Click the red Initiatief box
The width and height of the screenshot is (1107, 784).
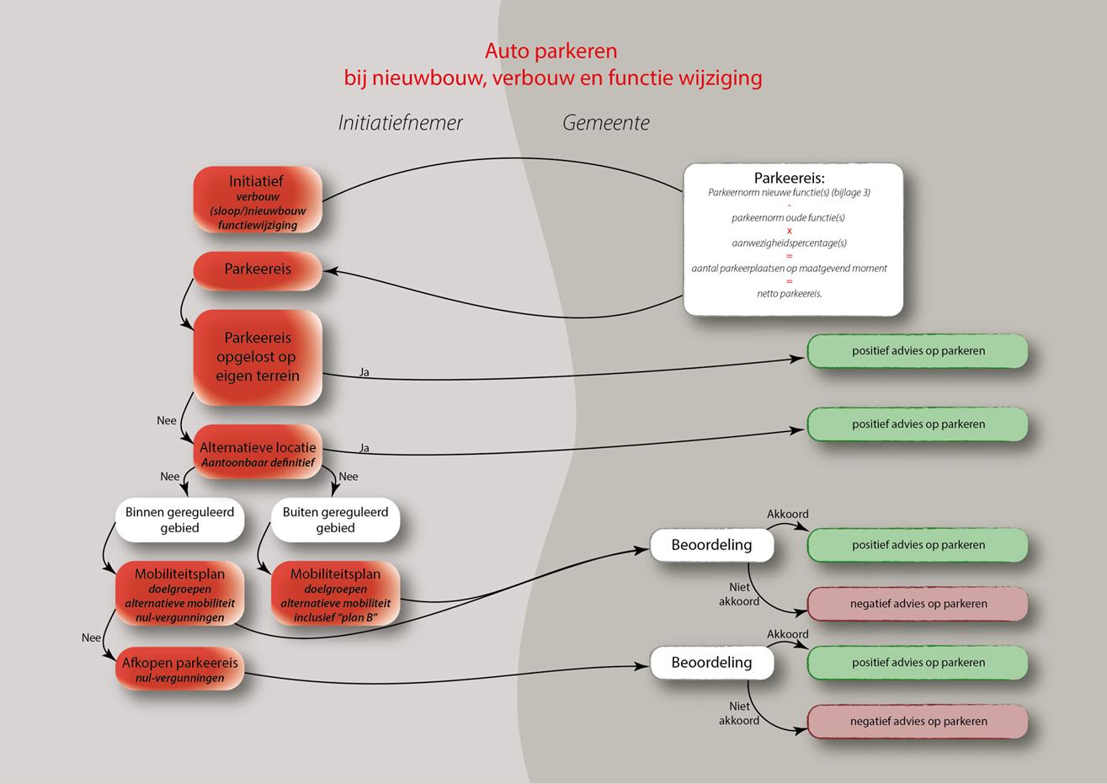point(258,200)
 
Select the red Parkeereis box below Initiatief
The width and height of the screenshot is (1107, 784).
point(258,270)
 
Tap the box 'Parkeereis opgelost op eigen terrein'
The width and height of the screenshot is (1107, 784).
point(258,357)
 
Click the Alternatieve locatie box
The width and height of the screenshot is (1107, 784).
point(258,455)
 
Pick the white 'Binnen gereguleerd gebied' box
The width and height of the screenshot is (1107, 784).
point(179,520)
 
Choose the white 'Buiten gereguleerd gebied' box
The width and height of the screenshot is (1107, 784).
point(335,520)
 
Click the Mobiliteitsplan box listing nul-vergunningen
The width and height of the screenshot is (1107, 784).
point(179,595)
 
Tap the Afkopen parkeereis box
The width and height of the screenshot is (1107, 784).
point(179,669)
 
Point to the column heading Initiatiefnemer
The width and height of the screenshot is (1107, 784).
point(401,123)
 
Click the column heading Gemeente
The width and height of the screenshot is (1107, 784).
point(606,123)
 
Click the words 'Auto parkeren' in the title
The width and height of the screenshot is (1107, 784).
point(551,51)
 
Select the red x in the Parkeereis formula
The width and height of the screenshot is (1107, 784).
point(789,230)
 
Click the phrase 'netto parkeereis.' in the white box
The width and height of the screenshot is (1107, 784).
point(789,294)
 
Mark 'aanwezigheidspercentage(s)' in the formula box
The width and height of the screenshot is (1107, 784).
point(789,243)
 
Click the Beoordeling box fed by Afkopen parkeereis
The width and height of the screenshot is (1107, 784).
point(711,663)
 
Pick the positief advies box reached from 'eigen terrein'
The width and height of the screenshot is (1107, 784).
point(918,351)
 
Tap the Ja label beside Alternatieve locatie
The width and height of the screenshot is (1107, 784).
point(365,449)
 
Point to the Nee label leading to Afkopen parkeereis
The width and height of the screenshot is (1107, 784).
point(92,638)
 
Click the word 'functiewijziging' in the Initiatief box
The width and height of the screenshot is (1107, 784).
point(258,226)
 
